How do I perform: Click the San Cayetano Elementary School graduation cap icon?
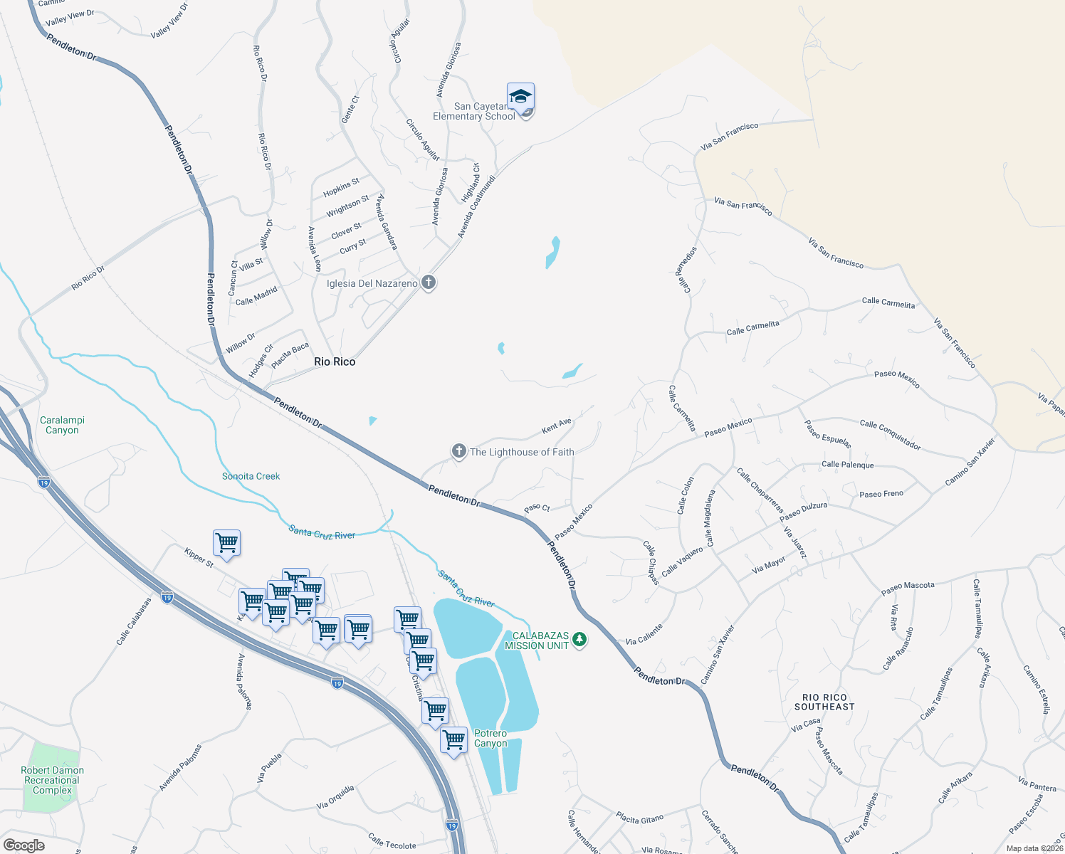(520, 96)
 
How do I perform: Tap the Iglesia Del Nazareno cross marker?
(429, 283)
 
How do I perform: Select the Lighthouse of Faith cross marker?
(459, 451)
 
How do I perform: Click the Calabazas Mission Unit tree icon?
(580, 639)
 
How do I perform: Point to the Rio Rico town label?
(335, 362)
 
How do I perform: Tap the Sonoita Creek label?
(251, 476)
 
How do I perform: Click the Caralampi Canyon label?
(62, 425)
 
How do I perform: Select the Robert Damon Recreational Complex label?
(52, 780)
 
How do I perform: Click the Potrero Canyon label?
(490, 738)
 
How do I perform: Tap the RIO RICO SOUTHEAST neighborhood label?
(824, 702)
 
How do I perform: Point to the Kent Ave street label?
(557, 426)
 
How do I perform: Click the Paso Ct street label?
(537, 508)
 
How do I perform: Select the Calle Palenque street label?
(847, 465)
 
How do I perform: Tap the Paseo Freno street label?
(881, 494)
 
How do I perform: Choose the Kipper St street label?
(199, 557)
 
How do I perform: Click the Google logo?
(24, 845)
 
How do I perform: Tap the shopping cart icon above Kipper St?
(226, 543)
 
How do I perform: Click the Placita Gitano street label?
(639, 818)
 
